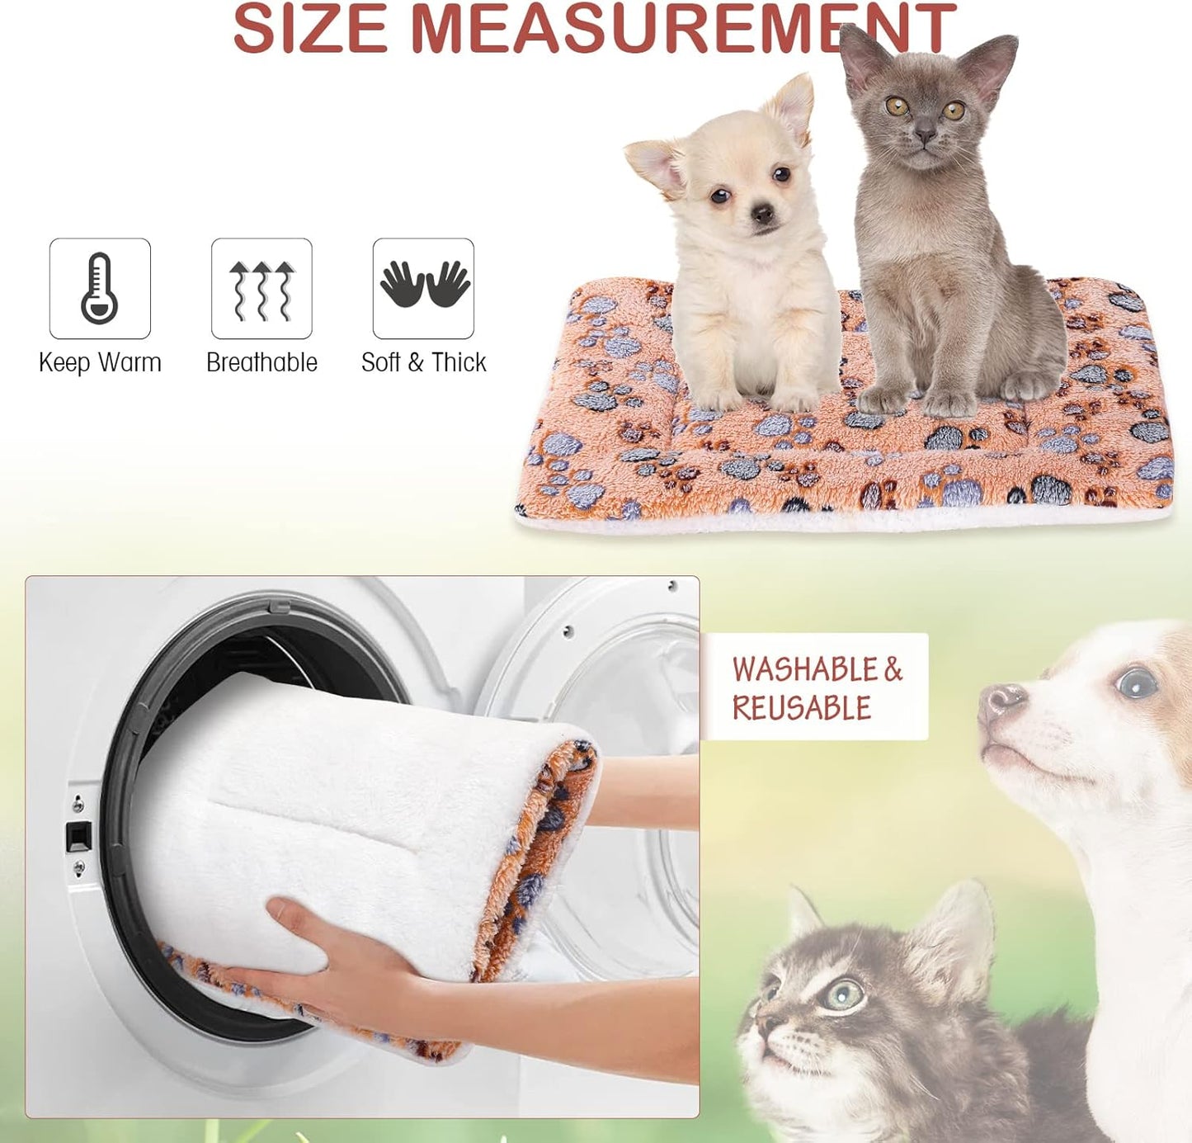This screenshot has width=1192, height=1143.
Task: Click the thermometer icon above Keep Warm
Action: point(100,288)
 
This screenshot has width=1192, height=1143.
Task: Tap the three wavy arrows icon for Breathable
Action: point(261,289)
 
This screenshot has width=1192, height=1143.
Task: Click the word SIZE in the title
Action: point(310,30)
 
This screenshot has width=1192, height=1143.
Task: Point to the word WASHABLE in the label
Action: point(806,669)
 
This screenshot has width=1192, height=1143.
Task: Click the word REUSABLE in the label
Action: point(801,708)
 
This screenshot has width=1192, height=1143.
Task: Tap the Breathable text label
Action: point(261,362)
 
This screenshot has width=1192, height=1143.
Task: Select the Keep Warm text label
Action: point(100,362)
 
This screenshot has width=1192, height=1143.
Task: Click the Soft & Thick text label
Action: point(424,362)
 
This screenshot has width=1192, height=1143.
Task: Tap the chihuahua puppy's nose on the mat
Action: point(762,215)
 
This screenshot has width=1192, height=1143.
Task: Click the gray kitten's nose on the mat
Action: point(926,134)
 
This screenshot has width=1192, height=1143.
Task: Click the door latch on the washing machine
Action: point(78,836)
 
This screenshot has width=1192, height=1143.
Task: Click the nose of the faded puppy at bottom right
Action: point(1001,699)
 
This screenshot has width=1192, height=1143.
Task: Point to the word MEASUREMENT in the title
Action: point(683,30)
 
